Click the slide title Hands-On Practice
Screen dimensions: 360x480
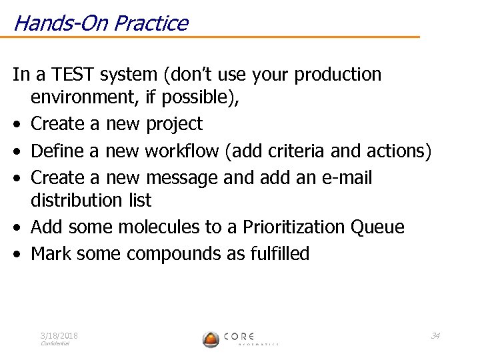100,23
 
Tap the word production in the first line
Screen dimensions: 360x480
337,75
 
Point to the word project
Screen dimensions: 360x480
174,124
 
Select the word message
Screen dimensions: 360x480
181,178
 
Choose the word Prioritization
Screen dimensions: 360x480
290,227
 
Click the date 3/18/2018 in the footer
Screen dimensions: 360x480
59,336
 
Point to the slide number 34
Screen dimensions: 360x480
435,335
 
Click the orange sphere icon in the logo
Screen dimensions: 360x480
211,339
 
